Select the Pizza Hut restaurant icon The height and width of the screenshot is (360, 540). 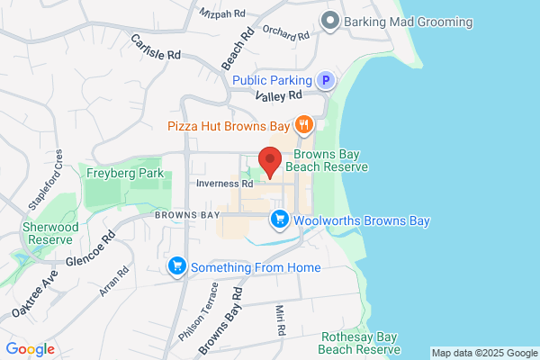pos(304,126)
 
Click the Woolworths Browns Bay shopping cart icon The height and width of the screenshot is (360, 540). pos(280,220)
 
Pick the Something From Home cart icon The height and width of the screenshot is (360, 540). pos(176,266)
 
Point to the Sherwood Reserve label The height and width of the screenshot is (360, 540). pos(50,233)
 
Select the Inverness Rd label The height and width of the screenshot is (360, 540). pos(225,184)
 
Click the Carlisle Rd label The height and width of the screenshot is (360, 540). pos(156,48)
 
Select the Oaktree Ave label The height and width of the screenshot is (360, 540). pos(34,294)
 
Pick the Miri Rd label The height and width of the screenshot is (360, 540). pos(279,320)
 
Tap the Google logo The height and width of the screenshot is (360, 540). pos(31,349)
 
